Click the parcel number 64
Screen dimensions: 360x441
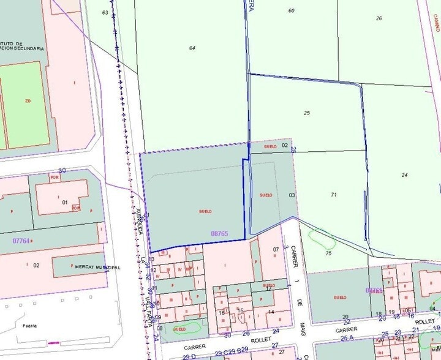[192, 48]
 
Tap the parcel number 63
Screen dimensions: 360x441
[105, 12]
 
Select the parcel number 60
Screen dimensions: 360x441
[291, 10]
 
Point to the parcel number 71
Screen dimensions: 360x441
[334, 195]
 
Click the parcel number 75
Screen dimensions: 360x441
[328, 253]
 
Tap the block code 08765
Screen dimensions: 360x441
[219, 233]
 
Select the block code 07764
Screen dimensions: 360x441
[21, 241]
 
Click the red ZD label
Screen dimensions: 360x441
[28, 100]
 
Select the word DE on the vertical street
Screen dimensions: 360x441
[300, 302]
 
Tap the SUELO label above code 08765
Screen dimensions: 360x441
[205, 211]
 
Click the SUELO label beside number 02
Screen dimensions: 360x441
[269, 147]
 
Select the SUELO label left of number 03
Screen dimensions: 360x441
[266, 195]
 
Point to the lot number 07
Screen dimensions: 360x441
[276, 249]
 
